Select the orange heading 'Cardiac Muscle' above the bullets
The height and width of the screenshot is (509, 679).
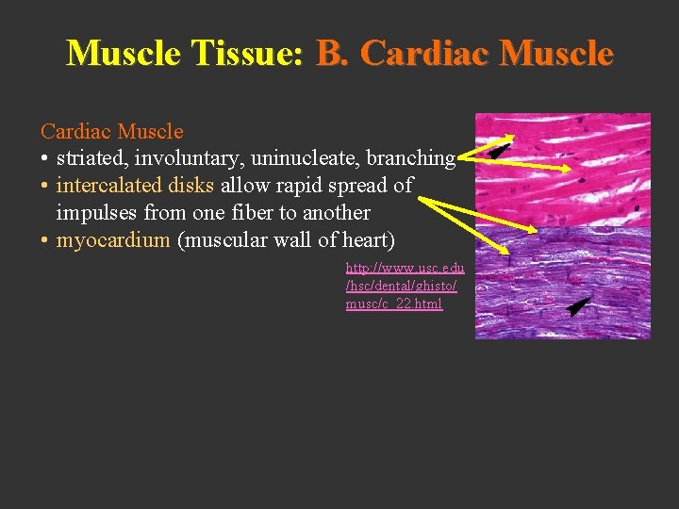tap(111, 131)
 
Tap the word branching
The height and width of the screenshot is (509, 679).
tap(411, 158)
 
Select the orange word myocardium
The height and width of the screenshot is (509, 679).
tap(113, 240)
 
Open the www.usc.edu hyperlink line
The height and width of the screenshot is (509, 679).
tap(405, 268)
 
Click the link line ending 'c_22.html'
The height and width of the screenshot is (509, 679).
tap(393, 304)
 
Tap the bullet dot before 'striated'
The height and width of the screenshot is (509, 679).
tap(45, 158)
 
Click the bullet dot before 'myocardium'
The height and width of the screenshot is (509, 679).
tap(45, 240)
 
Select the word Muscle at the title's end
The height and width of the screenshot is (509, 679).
tap(559, 54)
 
